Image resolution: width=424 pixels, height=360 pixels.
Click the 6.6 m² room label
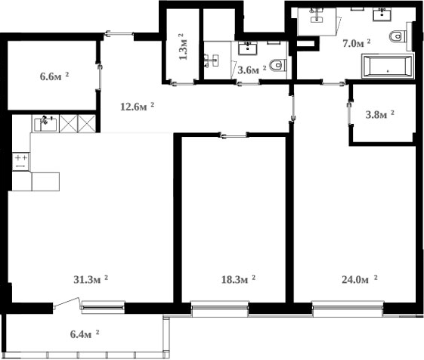(54, 76)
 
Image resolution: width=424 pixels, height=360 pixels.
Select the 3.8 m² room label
(380, 115)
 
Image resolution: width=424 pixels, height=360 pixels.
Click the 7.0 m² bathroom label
(357, 43)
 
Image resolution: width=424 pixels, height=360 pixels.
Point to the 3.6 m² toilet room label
(252, 70)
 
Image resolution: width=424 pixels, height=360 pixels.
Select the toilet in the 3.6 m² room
(277, 66)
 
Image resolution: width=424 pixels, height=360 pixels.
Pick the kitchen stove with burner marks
(20, 160)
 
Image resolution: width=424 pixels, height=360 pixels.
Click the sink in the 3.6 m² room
(248, 48)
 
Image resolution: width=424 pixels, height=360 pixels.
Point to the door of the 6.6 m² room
(98, 76)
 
